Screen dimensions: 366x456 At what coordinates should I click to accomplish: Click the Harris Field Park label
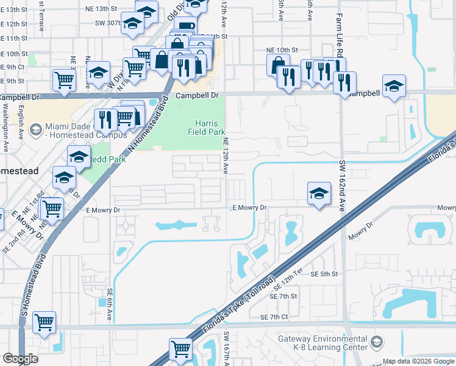(x=210, y=127)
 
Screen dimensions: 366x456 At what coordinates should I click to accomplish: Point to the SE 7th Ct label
(x=274, y=317)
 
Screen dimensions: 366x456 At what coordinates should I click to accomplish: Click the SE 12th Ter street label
(x=288, y=282)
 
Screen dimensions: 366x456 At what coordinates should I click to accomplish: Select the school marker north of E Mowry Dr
(x=319, y=193)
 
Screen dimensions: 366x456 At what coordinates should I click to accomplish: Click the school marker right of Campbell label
(x=394, y=87)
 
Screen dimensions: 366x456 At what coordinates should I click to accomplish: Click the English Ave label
(x=21, y=122)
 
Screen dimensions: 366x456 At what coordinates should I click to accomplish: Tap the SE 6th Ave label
(x=110, y=305)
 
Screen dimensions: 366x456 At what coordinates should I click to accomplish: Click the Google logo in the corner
(x=20, y=359)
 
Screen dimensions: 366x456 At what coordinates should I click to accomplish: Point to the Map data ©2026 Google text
(x=418, y=361)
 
